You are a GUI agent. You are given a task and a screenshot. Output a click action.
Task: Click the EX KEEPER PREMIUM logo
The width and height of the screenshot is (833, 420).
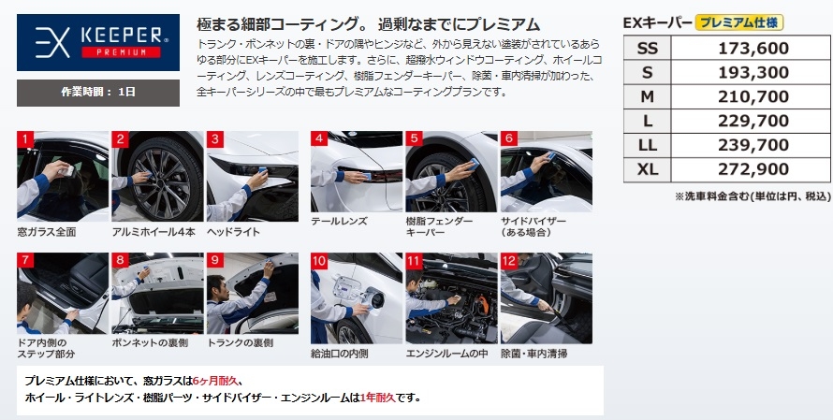point(98,42)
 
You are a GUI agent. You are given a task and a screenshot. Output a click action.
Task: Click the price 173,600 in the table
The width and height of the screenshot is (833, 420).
point(753,49)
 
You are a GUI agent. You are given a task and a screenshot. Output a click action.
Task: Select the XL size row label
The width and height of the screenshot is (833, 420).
point(647,169)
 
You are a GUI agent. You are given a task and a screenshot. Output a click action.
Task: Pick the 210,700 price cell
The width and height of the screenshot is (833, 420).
point(753,96)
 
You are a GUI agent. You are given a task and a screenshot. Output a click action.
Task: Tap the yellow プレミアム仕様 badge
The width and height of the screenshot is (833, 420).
point(739,22)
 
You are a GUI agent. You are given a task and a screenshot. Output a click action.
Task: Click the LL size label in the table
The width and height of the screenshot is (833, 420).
point(647,145)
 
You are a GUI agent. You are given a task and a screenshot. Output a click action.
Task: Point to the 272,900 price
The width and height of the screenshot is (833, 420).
point(753,169)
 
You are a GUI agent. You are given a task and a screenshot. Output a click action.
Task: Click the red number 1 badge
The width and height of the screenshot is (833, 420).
point(25,139)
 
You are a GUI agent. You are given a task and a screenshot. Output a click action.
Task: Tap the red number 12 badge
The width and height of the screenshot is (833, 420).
point(509,261)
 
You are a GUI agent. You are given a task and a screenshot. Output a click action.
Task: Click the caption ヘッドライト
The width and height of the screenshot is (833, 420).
point(233,232)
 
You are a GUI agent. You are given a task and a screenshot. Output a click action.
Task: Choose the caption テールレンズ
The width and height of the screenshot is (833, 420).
point(339,222)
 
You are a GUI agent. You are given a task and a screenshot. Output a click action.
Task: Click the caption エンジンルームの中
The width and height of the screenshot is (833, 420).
point(446,354)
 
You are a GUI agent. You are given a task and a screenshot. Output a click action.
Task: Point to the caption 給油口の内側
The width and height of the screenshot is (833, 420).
point(340,354)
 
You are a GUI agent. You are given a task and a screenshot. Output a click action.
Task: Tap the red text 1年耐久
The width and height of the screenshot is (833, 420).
point(378,398)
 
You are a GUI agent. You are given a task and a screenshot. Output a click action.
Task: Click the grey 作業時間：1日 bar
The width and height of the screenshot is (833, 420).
point(98,93)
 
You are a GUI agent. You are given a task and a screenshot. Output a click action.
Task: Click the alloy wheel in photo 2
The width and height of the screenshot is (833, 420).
point(163,178)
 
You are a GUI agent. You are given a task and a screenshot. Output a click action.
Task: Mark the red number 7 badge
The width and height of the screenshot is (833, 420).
point(25,261)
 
